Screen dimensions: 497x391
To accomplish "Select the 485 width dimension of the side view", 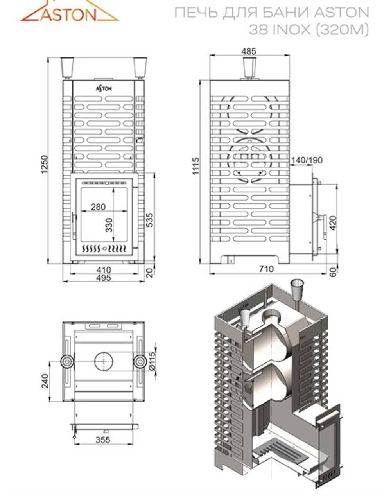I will click(249, 51).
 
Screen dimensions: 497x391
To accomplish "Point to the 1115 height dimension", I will click(196, 166).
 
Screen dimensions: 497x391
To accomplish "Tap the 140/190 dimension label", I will click(307, 160).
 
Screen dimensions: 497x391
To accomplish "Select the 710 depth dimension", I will click(266, 269).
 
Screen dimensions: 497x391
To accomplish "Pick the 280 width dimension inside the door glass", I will click(98, 206).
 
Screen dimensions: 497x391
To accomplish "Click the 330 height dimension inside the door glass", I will click(109, 225).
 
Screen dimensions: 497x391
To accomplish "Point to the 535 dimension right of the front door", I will click(149, 220).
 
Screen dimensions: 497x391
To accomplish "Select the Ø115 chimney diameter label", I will click(152, 362).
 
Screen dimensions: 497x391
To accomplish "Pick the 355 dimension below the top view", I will click(103, 440).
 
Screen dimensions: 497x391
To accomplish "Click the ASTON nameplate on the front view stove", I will click(104, 88).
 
